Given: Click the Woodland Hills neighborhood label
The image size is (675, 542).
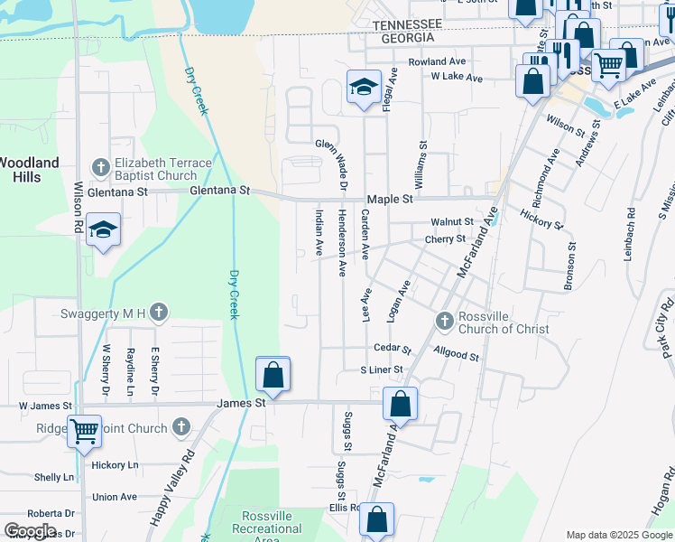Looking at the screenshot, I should (x=29, y=170).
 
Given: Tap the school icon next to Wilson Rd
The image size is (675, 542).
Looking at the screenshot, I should (x=104, y=230).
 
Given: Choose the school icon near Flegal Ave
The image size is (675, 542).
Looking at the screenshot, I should (x=363, y=88).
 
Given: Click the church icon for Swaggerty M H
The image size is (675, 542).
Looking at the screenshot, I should (x=159, y=312).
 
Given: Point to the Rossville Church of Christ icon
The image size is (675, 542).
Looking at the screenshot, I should (x=444, y=321).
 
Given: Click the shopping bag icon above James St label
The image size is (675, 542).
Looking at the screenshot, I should (x=273, y=373).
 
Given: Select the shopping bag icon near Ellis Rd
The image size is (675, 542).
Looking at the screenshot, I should (x=377, y=519).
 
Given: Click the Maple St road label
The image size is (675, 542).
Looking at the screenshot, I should (x=389, y=198).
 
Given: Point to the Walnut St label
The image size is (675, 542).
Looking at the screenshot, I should (x=451, y=221).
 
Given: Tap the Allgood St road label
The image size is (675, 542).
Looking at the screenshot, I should (x=456, y=356).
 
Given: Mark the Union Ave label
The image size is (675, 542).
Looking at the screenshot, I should (x=115, y=497).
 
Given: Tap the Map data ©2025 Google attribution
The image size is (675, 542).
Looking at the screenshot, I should (x=618, y=535).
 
